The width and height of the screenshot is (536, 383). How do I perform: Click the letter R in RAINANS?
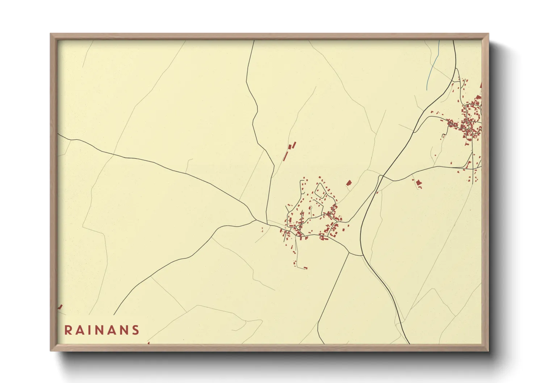pyautogui.click(x=68, y=330)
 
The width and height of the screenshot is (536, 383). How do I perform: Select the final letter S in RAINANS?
pyautogui.click(x=136, y=330)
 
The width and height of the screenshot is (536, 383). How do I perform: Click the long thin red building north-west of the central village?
pyautogui.click(x=285, y=156)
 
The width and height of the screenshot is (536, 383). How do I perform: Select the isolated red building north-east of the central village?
pyautogui.click(x=349, y=183)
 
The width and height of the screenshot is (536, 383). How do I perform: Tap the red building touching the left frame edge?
pyautogui.click(x=60, y=307)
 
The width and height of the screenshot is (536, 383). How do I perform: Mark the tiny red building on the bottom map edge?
pyautogui.click(x=148, y=343)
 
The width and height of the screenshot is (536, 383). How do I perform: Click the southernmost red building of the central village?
pyautogui.click(x=305, y=268)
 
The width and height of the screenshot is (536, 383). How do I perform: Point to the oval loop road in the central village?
pyautogui.click(x=320, y=190)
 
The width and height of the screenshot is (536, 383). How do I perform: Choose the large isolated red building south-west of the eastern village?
pyautogui.click(x=419, y=184)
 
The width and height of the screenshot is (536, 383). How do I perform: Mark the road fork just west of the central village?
pyautogui.click(x=256, y=220)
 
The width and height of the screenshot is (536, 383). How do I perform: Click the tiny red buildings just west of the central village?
pyautogui.click(x=262, y=230)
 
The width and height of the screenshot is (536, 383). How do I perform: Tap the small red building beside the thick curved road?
pyautogui.click(x=377, y=192)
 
